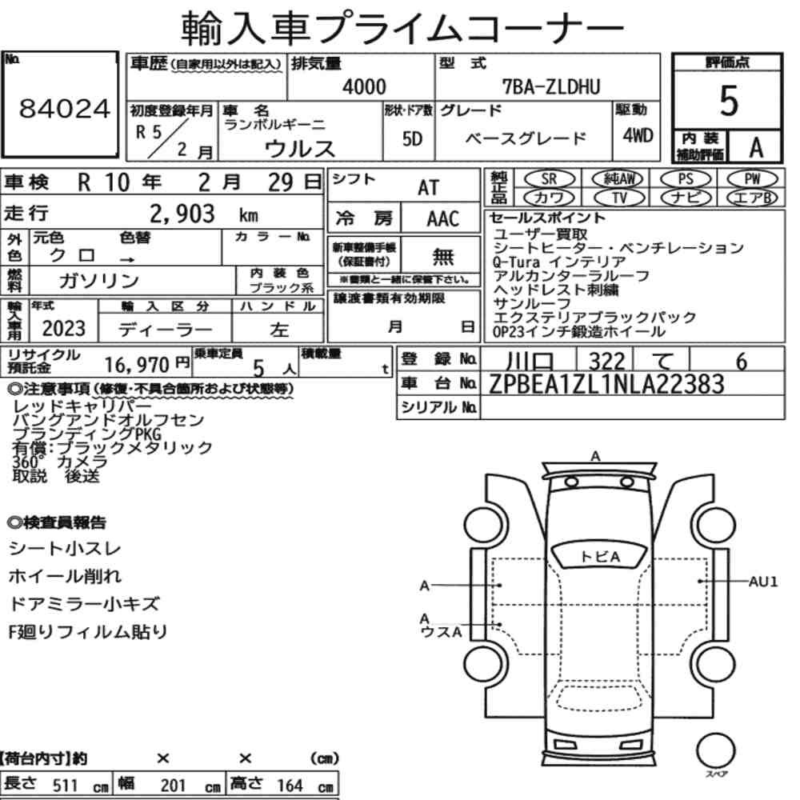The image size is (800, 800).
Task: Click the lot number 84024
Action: (64, 109)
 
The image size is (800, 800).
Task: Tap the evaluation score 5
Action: (729, 101)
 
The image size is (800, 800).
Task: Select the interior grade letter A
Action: (756, 147)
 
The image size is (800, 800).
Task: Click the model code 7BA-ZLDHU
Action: (551, 87)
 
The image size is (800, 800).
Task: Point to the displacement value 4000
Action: (364, 86)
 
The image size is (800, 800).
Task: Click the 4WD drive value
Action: (638, 135)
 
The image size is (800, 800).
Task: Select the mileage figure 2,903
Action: (182, 214)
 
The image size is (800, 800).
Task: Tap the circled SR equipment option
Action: (550, 179)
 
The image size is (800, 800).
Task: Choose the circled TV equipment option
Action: (618, 198)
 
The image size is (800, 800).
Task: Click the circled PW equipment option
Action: (753, 178)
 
